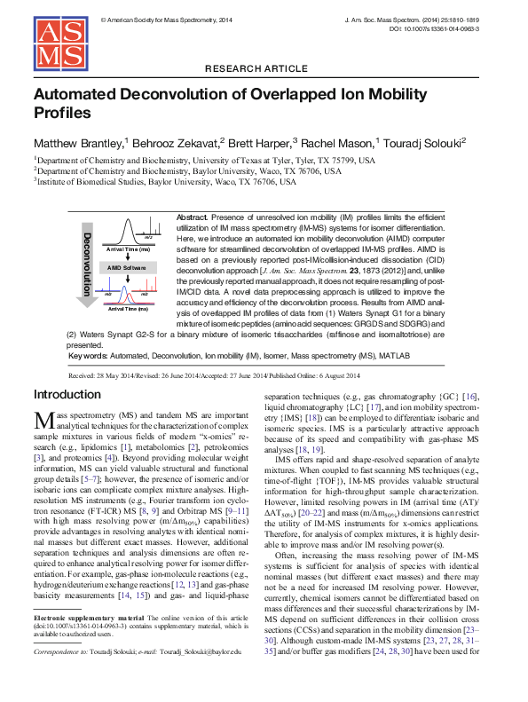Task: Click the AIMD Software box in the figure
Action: [127, 267]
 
